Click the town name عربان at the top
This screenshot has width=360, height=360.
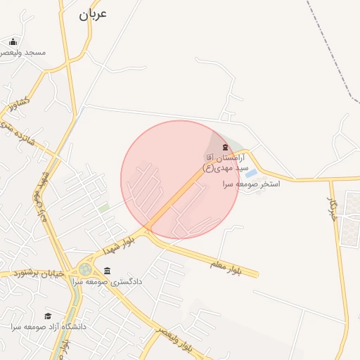tap(92, 13)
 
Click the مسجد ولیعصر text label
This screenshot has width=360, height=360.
tap(25, 53)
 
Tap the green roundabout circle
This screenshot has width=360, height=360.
tap(85, 269)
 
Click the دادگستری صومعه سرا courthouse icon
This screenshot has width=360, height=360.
tap(107, 271)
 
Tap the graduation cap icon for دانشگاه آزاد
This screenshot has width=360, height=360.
tap(48, 316)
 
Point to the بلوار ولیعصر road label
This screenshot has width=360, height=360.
tap(172, 339)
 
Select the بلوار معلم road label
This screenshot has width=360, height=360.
tap(225, 267)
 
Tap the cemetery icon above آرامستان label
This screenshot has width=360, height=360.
tap(225, 147)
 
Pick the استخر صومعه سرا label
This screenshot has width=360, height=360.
tap(251, 184)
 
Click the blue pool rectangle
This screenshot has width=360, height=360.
tap(251, 172)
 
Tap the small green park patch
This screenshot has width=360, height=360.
tap(104, 208)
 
